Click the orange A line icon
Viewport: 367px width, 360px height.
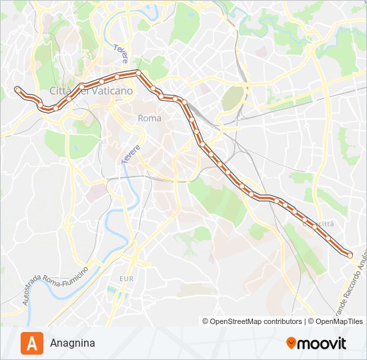click(x=32, y=343)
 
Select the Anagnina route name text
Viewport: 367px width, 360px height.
click(x=72, y=343)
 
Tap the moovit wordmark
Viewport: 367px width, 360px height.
click(x=321, y=343)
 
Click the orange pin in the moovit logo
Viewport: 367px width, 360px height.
click(x=291, y=343)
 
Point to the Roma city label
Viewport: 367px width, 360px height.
click(x=149, y=118)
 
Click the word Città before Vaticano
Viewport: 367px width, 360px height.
click(x=63, y=91)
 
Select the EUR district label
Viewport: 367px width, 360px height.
click(x=126, y=277)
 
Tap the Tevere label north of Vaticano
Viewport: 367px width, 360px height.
click(x=121, y=54)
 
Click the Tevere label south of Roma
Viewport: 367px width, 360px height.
click(x=131, y=155)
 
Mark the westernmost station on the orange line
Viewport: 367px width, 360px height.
click(x=17, y=88)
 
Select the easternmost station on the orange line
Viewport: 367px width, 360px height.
click(x=349, y=254)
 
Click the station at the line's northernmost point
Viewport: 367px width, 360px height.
click(x=137, y=72)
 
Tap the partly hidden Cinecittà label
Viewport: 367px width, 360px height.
click(x=319, y=224)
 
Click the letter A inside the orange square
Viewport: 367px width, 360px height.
click(x=32, y=343)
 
